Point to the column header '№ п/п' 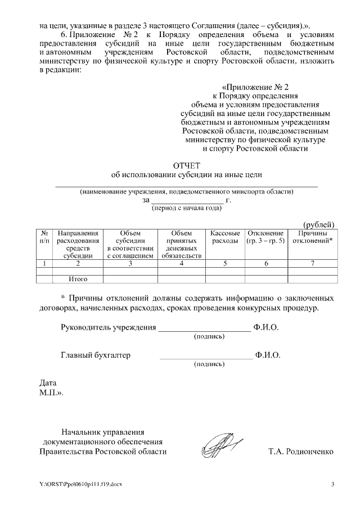pyautogui.click(x=44, y=237)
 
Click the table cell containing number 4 pyautogui.click(x=181, y=263)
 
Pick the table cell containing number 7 pyautogui.click(x=313, y=263)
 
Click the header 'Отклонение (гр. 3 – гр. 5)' pyautogui.click(x=265, y=237)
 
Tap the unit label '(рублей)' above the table pyautogui.click(x=319, y=224)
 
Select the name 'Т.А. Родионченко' pyautogui.click(x=301, y=452)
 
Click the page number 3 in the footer pyautogui.click(x=332, y=484)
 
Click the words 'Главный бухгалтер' pyautogui.click(x=95, y=355)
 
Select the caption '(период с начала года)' pyautogui.click(x=187, y=208)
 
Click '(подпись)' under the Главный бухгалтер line pyautogui.click(x=209, y=364)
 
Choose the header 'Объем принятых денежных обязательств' pyautogui.click(x=181, y=244)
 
